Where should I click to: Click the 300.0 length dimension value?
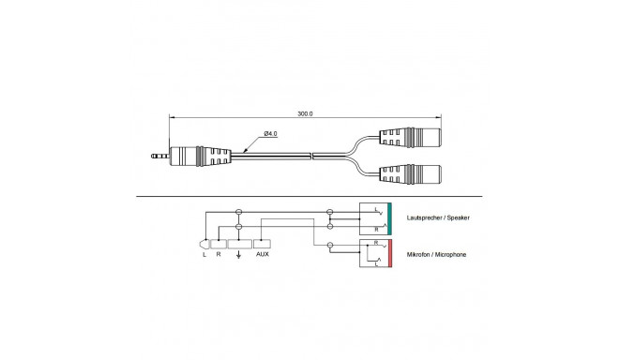pos(305,113)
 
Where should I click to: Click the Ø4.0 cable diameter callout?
pos(270,134)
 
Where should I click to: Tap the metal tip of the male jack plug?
pos(160,157)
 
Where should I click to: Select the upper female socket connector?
pos(410,138)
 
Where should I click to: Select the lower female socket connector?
pos(410,174)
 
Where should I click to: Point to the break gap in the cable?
pos(311,157)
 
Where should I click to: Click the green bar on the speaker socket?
pos(389,219)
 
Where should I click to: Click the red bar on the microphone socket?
pos(389,253)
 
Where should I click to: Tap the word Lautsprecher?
pos(423,217)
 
